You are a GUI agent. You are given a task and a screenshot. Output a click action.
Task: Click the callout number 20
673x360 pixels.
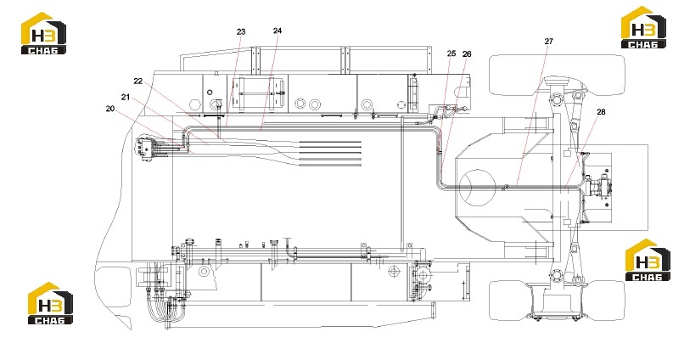coord(110,109)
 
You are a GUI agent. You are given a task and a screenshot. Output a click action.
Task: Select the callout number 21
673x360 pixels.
coord(126,97)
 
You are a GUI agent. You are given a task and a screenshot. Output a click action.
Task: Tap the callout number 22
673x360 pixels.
coord(137,81)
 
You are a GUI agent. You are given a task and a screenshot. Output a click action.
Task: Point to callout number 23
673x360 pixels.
coord(241,31)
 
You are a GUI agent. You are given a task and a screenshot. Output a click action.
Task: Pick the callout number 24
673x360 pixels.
coord(278,31)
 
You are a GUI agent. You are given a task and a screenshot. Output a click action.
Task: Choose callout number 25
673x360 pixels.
coord(451,53)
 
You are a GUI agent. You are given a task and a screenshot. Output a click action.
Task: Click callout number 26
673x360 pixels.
coord(467,53)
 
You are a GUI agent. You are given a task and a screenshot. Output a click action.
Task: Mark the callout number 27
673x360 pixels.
coord(548,42)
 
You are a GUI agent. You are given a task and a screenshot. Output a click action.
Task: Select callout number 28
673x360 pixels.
coord(601,112)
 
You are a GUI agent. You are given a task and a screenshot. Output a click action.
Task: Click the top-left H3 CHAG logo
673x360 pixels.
coord(44,33)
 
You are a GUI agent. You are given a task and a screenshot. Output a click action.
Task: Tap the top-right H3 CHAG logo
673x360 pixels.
coord(644,27)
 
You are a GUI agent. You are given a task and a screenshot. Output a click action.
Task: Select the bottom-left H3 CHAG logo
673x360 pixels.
coord(50,303)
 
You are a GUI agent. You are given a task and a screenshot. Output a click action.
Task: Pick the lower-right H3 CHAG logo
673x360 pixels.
coord(648,261)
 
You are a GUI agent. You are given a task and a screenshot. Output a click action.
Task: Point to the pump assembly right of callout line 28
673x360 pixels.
coord(599,187)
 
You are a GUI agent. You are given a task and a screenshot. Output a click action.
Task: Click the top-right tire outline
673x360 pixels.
coord(557,75)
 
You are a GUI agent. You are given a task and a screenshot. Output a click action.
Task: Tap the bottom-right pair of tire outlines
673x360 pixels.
coord(557,301)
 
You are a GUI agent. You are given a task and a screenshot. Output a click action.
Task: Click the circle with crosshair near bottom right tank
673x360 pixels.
coord(394,271)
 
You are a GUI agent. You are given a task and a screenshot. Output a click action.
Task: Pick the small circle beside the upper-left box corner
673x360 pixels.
coord(210,92)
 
